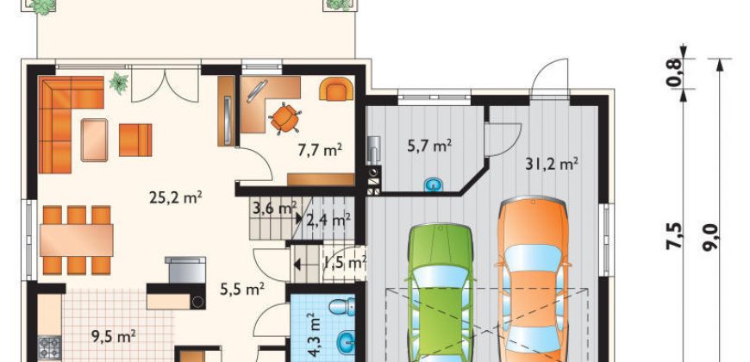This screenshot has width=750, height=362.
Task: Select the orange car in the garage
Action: (533, 278)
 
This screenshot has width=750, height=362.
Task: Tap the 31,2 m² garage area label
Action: (552, 164)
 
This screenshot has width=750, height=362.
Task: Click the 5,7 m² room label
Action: (429, 146)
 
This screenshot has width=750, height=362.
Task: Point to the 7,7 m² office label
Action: (320, 150)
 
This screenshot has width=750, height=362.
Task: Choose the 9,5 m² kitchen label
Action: (114, 337)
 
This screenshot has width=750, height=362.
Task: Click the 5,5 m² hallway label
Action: (242, 289)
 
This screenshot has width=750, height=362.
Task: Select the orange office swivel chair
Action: (284, 117)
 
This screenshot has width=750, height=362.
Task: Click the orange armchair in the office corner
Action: (336, 89)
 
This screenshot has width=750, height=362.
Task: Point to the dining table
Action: (77, 240)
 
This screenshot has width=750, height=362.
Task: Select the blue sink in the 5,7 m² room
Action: (434, 184)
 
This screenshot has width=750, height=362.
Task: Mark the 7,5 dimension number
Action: (673, 236)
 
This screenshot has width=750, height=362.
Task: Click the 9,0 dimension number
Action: (710, 238)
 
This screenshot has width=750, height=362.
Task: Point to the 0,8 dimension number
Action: (673, 72)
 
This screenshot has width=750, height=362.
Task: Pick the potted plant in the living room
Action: (119, 84)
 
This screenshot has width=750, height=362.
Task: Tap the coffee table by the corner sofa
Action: (94, 140)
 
